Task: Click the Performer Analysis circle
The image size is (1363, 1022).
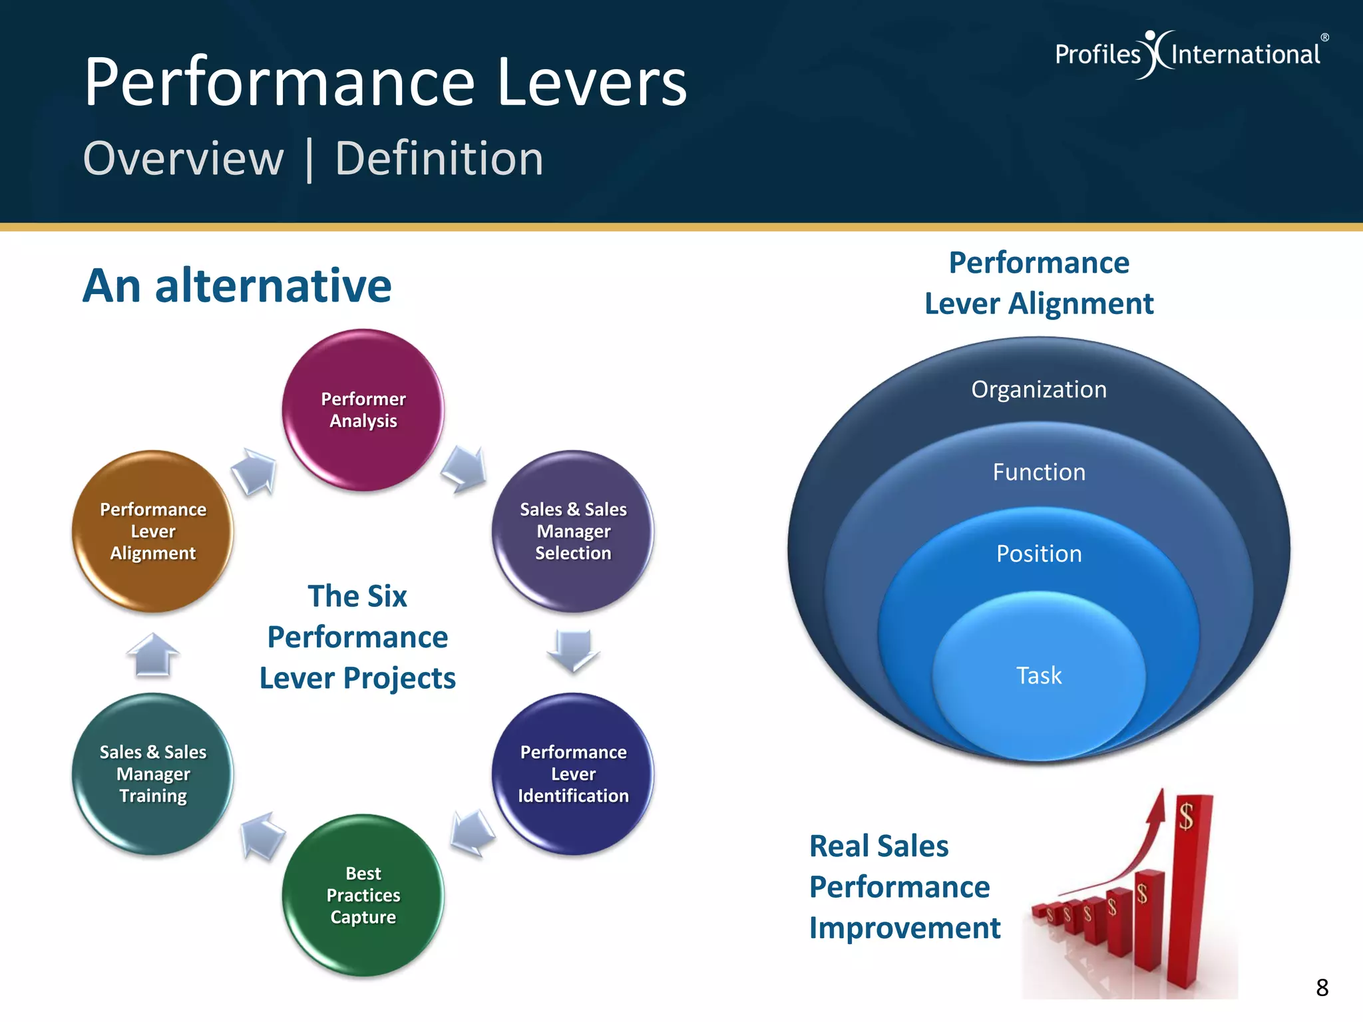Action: pos(363,410)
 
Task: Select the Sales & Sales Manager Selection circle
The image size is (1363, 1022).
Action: pos(573,531)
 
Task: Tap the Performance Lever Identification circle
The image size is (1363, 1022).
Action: pos(573,774)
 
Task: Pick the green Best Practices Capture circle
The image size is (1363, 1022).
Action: pos(363,895)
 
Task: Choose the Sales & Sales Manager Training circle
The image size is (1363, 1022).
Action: pos(153,774)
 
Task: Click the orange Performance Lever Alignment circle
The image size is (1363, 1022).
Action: pos(153,531)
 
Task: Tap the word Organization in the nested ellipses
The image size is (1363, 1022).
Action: pos(1039,389)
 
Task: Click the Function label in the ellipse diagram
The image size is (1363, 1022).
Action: pos(1039,472)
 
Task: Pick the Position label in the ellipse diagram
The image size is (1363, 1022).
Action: pos(1039,554)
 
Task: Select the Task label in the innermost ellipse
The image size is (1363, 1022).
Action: pos(1039,675)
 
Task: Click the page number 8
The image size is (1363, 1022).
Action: pos(1322,987)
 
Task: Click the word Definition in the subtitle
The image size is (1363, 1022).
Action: pos(439,159)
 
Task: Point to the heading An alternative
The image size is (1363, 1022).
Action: pos(237,285)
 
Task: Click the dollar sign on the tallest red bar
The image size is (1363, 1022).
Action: pos(1186,816)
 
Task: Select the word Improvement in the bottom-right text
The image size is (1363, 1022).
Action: pos(904,928)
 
